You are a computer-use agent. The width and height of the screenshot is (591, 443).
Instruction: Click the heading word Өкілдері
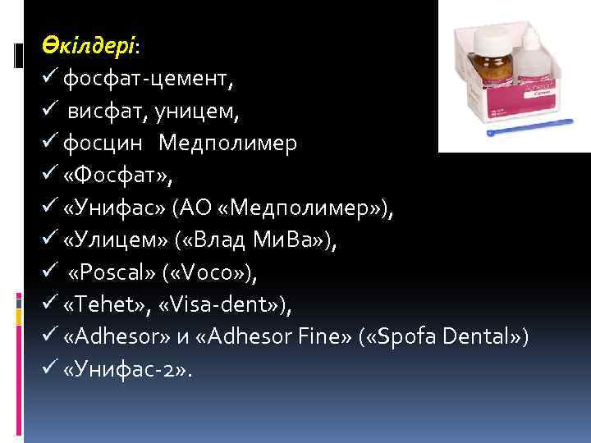click(89, 48)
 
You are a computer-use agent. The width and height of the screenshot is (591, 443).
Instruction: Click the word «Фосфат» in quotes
click(109, 176)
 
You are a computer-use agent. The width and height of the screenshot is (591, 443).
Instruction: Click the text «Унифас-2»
click(126, 369)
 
